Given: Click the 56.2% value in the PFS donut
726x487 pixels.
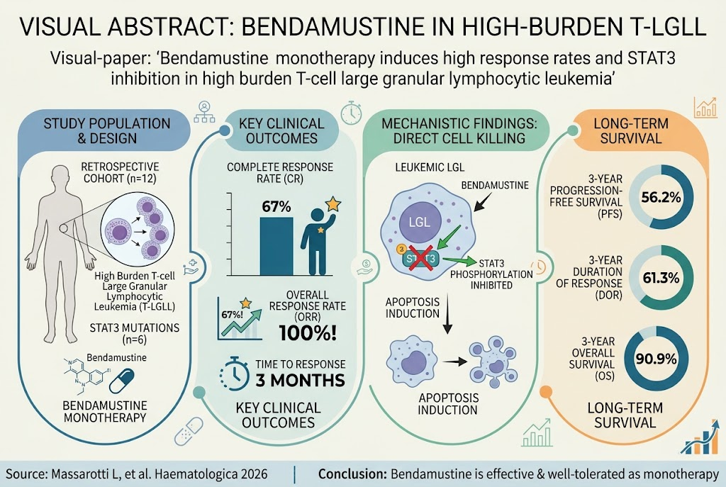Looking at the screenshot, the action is point(661,198).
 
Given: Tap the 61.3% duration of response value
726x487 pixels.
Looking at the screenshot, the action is point(661,278).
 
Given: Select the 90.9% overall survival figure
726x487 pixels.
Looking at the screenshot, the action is point(656,359).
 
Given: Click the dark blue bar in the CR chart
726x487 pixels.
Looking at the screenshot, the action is point(276,246).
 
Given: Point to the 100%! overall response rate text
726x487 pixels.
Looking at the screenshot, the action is point(308,332).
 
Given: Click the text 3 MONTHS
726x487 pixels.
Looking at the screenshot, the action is point(300,380).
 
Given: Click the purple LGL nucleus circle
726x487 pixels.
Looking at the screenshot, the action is point(419,221).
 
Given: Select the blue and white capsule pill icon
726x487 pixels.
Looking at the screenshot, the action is point(122,381).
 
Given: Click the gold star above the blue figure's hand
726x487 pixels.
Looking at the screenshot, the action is point(333,203).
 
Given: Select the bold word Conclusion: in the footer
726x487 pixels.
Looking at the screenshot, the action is point(352,474).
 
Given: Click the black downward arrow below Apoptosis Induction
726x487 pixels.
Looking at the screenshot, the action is point(447,315).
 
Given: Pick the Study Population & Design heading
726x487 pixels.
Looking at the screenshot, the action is point(107,131).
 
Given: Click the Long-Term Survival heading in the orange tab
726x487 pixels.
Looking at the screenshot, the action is point(631,131).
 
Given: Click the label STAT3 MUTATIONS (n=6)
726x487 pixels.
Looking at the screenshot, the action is point(134,334).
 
